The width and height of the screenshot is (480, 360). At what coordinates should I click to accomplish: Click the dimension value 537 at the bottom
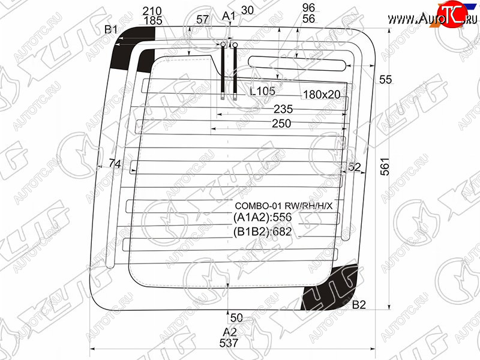[x=229, y=343]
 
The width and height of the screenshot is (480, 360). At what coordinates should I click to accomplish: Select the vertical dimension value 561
[x=385, y=167]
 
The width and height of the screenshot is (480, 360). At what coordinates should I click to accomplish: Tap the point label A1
[x=229, y=16]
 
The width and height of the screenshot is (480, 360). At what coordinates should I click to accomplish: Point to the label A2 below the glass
[x=230, y=332]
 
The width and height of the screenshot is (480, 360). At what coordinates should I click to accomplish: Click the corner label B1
[x=111, y=29]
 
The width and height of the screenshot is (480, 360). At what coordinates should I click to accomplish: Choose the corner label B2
[x=359, y=305]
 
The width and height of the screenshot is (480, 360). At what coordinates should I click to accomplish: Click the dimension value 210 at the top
[x=152, y=11]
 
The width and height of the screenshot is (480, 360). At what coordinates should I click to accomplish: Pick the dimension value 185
[x=153, y=20]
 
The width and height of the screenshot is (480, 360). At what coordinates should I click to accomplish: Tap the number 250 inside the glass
[x=281, y=124]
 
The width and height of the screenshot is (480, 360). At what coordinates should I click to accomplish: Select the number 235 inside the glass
[x=283, y=109]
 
